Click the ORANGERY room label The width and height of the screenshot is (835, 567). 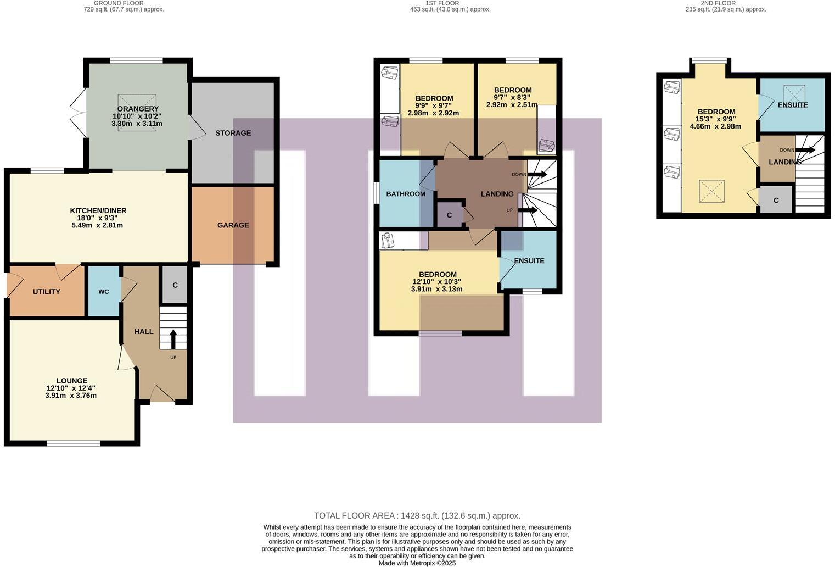point(137,109)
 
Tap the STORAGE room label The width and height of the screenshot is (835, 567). point(233,133)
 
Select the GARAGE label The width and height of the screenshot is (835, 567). point(233,225)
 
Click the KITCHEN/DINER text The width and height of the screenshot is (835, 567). point(98,211)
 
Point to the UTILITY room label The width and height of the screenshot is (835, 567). point(47,292)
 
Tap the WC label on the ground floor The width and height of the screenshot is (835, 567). point(104,292)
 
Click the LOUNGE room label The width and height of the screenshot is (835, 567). point(72,381)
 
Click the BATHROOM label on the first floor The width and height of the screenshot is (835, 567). point(406,194)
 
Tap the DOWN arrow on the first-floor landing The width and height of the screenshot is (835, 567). point(536,174)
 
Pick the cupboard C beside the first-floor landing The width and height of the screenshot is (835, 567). point(449,215)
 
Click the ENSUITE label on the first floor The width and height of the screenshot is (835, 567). point(529,261)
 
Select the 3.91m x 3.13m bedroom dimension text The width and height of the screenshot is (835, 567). point(436,289)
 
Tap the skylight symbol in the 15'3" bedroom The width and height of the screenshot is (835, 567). point(711,192)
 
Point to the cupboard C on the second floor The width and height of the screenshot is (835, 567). point(776,201)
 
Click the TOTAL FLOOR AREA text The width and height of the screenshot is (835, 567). point(417,516)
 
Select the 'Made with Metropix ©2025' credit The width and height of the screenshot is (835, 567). point(417,563)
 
